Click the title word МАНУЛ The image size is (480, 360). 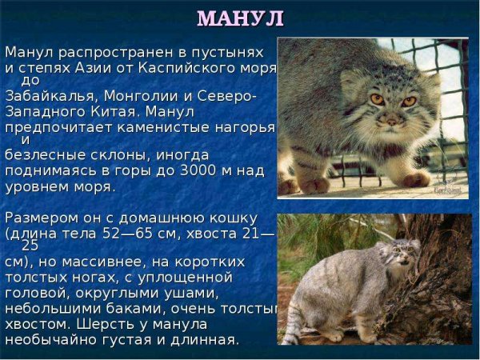tap(240, 17)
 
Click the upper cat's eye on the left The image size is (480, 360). tap(376, 99)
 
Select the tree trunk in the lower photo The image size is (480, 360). tap(444, 280)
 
